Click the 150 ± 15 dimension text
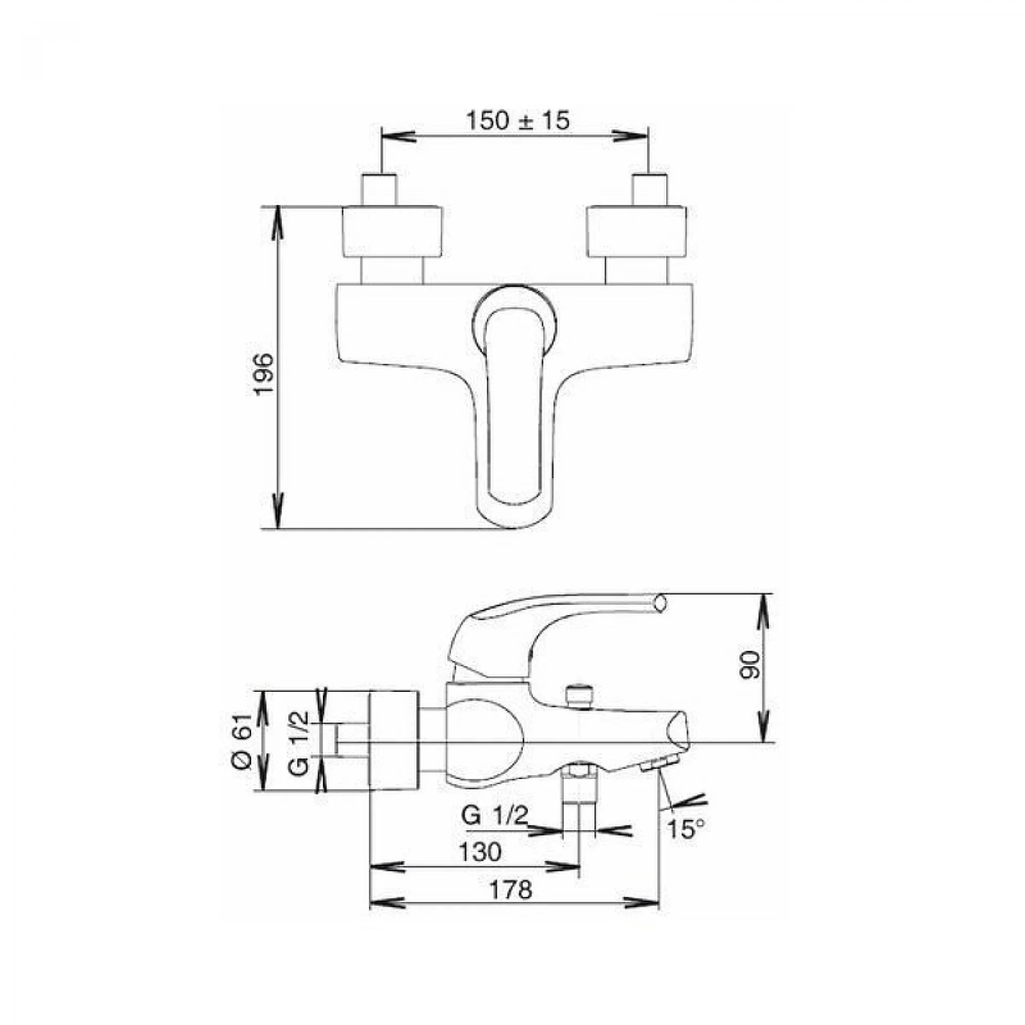518,121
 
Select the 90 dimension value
750,664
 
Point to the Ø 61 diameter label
241,740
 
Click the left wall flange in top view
392,232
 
